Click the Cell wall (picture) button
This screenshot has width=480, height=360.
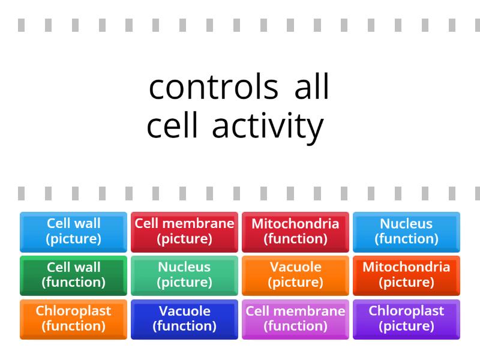point(73,232)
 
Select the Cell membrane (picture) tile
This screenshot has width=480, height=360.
point(184,232)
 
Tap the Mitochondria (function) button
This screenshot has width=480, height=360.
point(295,232)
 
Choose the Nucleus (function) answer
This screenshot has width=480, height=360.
point(406,232)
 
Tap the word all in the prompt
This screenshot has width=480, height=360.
point(312,88)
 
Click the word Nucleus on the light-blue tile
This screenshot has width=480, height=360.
point(406,224)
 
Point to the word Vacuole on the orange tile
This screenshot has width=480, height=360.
point(295,268)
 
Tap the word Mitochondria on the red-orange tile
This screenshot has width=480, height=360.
point(406,268)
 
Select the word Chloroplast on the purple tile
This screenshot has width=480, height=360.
point(406,311)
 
